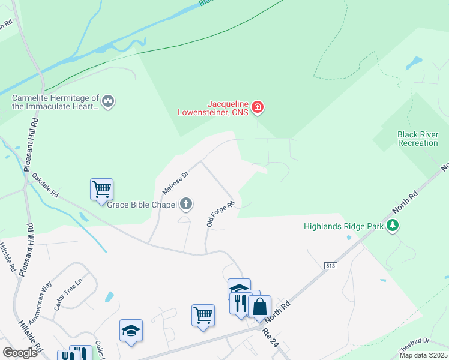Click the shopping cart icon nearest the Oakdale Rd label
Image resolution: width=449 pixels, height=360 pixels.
click(x=101, y=190)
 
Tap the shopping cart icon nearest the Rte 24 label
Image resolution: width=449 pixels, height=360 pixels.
click(x=203, y=315)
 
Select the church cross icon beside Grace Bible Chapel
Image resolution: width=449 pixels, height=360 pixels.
click(x=186, y=205)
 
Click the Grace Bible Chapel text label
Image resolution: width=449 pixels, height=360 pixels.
click(x=142, y=205)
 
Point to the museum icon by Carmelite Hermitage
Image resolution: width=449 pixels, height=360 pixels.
click(x=109, y=101)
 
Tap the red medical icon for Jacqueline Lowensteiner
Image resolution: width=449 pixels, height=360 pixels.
click(x=258, y=107)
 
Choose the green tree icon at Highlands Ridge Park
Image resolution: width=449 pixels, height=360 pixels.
click(x=393, y=226)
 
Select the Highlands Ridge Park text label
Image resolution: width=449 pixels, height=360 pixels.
click(x=343, y=226)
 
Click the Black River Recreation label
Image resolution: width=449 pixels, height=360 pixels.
click(x=418, y=139)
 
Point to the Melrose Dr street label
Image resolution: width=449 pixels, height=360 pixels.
click(x=175, y=182)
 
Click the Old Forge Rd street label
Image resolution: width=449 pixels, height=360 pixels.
click(x=220, y=214)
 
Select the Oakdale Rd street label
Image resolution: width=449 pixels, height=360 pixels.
click(x=45, y=187)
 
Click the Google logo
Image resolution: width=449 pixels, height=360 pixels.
click(x=20, y=353)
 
